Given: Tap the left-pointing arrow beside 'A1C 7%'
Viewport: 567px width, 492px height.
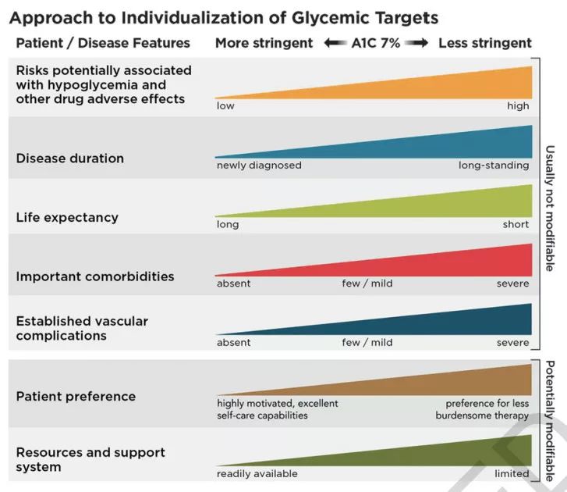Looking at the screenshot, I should click(x=335, y=44).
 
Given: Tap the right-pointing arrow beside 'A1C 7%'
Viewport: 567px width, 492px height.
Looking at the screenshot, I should click(x=416, y=44).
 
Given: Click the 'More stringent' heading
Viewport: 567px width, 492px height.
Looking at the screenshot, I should click(x=264, y=43).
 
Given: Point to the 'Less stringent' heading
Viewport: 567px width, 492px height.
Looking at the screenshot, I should click(x=484, y=43).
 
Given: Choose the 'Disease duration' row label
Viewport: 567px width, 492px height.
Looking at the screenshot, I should click(x=69, y=158).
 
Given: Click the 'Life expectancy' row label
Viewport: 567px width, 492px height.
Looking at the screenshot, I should click(x=67, y=217).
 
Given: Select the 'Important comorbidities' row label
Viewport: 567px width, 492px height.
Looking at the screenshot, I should click(x=95, y=276).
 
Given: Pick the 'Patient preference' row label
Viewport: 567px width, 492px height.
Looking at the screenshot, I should click(x=76, y=396).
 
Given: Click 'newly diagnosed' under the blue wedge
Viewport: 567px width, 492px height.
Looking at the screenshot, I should click(x=259, y=166).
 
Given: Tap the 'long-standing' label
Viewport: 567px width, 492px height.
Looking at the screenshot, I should click(x=494, y=166).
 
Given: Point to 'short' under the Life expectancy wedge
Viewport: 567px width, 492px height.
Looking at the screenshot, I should click(x=516, y=225).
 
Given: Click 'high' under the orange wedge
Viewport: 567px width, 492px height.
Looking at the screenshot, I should click(x=518, y=106).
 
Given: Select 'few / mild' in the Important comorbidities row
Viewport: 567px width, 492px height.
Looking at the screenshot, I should click(x=361, y=283).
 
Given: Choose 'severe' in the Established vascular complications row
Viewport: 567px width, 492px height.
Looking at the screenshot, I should click(x=512, y=343).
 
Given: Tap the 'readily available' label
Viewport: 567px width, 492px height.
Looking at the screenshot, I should click(x=257, y=474).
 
